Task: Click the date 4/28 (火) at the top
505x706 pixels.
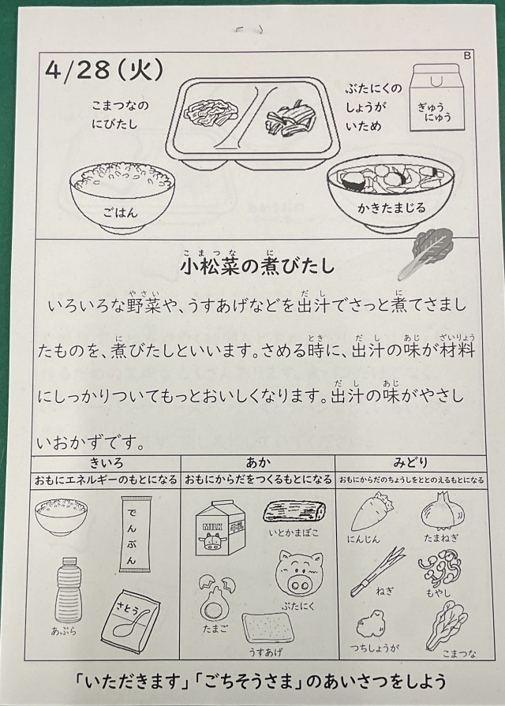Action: tap(103, 72)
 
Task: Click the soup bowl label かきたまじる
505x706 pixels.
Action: tap(391, 207)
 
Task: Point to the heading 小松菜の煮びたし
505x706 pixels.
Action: tap(257, 266)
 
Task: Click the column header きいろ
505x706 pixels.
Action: tap(107, 462)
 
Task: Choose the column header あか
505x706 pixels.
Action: tap(258, 462)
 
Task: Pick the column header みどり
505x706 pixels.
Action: tap(410, 462)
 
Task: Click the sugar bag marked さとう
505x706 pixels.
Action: tap(131, 620)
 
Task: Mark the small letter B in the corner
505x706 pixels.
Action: tap(467, 55)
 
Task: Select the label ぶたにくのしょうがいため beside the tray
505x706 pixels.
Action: tap(373, 107)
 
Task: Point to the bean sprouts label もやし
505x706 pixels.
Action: tap(439, 593)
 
